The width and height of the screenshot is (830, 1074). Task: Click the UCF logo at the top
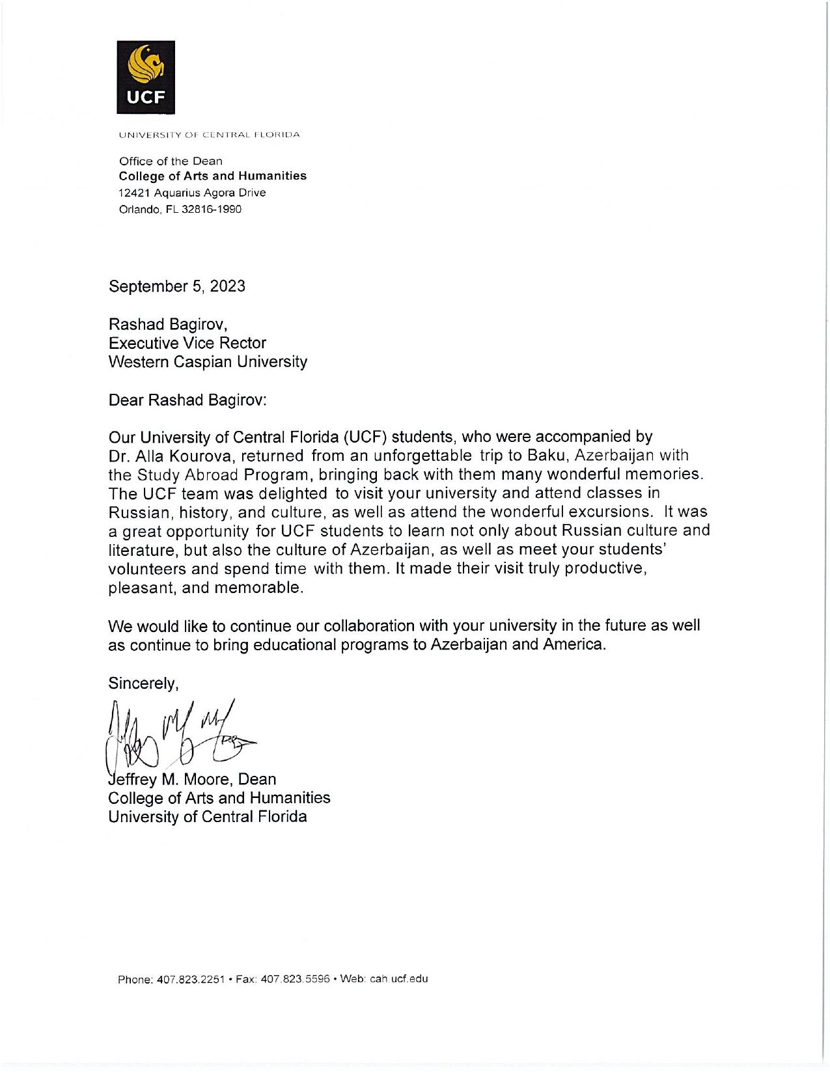(x=146, y=77)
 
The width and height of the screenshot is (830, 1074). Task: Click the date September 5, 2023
(x=177, y=286)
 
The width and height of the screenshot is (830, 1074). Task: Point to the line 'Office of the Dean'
(x=171, y=161)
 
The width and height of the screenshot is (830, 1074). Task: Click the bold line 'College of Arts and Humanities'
(x=212, y=176)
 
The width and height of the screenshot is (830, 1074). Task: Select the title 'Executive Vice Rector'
(x=187, y=343)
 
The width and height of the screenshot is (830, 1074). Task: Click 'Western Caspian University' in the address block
(x=208, y=362)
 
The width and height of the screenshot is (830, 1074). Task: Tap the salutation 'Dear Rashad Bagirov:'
(x=188, y=400)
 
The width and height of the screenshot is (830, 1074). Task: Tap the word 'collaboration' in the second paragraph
(x=369, y=626)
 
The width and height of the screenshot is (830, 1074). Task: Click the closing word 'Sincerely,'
(x=143, y=683)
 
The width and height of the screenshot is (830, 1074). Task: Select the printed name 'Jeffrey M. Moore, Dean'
(x=193, y=779)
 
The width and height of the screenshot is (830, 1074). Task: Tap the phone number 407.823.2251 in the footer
(x=191, y=979)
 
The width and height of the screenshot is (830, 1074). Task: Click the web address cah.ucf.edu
(x=399, y=978)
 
